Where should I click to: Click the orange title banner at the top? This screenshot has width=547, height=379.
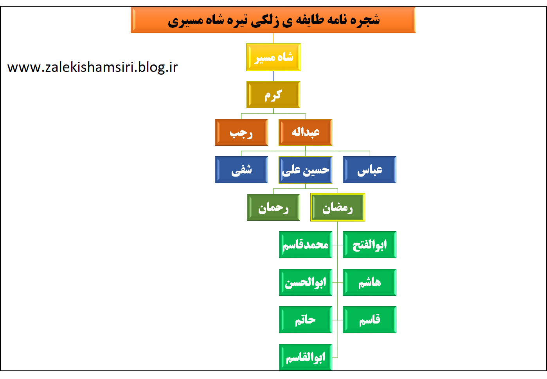[x=273, y=20]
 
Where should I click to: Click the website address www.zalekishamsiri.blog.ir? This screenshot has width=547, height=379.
[x=93, y=67]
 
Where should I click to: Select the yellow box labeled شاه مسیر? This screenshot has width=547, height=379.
[x=273, y=57]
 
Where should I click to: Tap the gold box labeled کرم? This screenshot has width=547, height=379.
[x=273, y=95]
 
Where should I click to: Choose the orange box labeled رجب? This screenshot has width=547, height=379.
[x=241, y=132]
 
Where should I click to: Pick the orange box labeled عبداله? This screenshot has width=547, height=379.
[x=306, y=132]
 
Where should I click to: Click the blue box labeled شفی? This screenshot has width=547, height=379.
[x=241, y=170]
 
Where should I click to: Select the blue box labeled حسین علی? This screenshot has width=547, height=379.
[x=306, y=170]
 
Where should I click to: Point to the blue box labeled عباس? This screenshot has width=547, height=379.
[x=369, y=170]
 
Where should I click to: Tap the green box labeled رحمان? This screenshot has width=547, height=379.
[x=273, y=207]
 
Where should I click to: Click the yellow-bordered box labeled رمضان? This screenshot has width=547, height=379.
[x=338, y=207]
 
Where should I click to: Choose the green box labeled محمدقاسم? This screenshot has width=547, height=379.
[x=306, y=245]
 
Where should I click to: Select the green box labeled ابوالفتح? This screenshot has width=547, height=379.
[x=369, y=245]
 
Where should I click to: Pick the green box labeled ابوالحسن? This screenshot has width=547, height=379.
[x=306, y=282]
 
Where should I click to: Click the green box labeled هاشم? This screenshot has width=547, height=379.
[x=369, y=282]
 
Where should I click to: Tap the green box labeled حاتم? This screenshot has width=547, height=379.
[x=306, y=320]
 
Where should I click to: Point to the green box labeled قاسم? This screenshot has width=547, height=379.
[x=369, y=320]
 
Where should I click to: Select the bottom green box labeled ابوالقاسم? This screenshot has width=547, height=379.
[x=306, y=357]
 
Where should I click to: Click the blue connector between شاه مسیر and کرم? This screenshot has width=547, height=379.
[x=273, y=76]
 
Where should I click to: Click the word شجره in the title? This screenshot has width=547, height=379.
[x=365, y=20]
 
